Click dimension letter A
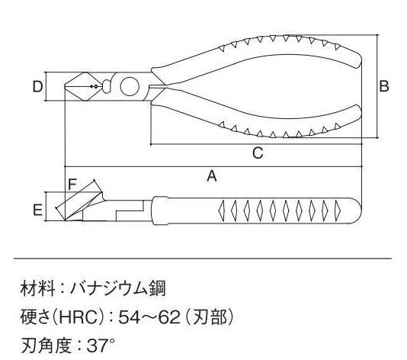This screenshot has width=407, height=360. pos(212,176)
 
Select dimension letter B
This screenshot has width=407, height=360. pos(384,86)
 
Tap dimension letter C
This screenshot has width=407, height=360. pos(258,153)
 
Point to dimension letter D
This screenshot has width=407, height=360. pos(37,86)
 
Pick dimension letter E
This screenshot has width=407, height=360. pos(37,210)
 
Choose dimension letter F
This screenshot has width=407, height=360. pos(72,184)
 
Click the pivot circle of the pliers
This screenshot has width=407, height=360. pos(130,86)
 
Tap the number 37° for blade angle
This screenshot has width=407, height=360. pos(101,346)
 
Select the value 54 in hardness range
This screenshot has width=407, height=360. pos(128,317)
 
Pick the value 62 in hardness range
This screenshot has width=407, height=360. pos(169,317)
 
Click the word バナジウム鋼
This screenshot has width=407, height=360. pos(118,288)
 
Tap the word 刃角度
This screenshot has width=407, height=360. pos(46,346)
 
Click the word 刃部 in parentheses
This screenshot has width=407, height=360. pos(210,317)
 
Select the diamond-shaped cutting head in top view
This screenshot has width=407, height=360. pos(81,86)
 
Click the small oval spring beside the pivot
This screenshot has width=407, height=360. pos(107,86)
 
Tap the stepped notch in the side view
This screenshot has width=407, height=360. pos(130,211)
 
